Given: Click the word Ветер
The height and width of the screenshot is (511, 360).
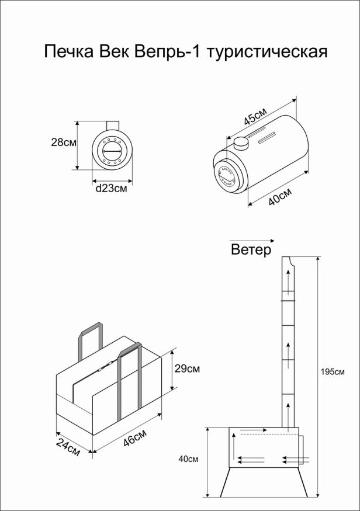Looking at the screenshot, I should (x=251, y=250).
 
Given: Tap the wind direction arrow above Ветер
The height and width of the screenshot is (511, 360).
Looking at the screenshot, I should (x=252, y=240).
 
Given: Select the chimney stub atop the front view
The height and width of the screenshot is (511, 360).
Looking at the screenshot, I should (x=112, y=126).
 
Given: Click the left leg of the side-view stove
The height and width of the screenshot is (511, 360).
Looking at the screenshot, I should (x=226, y=480).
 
